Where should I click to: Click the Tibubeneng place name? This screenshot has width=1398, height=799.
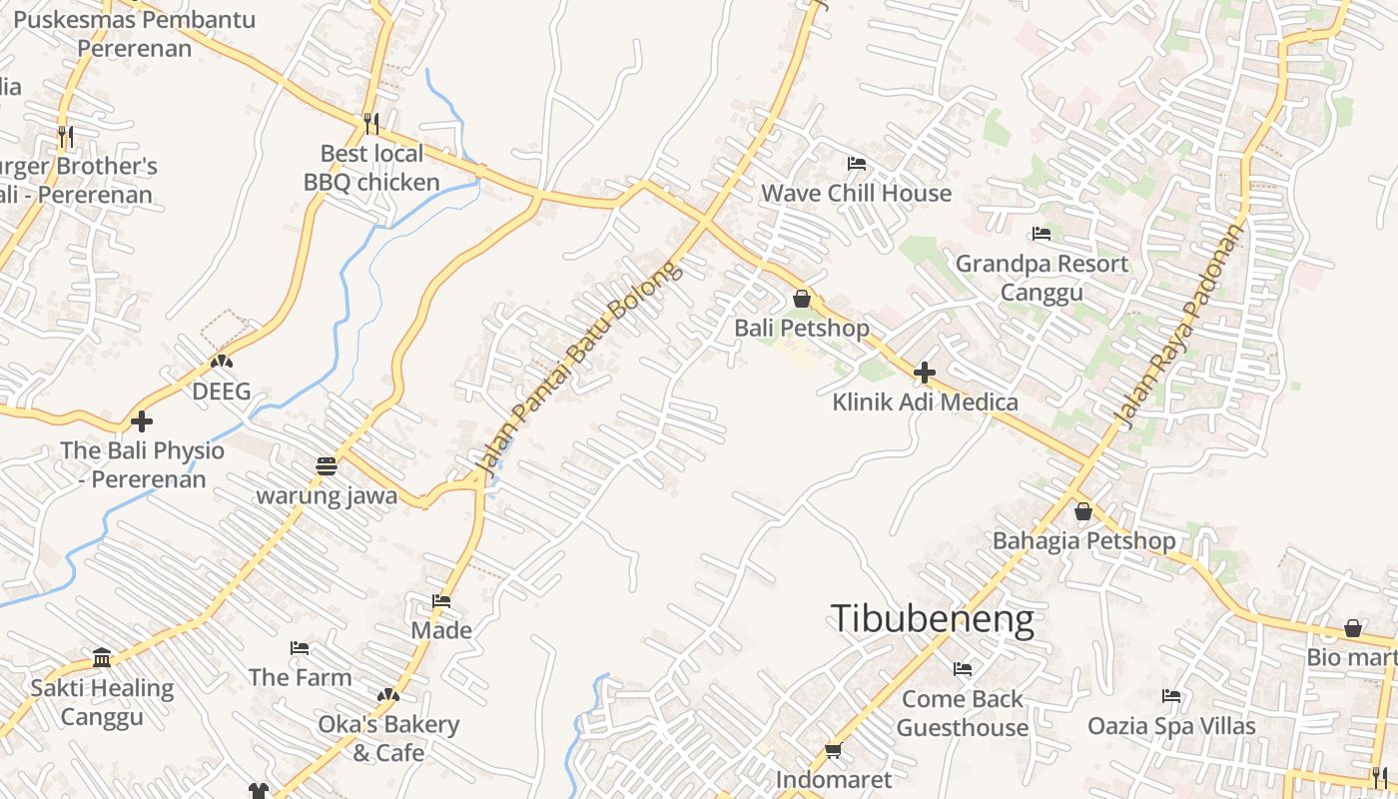point(932,619)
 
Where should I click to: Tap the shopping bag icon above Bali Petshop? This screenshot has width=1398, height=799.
point(801,299)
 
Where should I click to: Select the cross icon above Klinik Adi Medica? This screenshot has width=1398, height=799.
point(925,374)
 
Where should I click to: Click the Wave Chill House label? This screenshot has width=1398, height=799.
point(857,193)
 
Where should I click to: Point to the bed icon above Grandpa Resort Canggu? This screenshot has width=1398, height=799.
point(1042,234)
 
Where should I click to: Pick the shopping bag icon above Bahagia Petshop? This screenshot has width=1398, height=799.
point(1083,512)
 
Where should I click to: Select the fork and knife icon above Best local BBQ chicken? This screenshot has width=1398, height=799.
point(371,124)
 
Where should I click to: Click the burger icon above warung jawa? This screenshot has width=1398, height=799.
point(327,466)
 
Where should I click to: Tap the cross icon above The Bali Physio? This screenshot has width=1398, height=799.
point(142,421)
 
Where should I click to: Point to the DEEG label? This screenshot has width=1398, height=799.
point(222,392)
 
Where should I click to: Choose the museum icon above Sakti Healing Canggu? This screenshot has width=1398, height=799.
point(102,658)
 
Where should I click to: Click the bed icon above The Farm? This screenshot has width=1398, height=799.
point(300,648)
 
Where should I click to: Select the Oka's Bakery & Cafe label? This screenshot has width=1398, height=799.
point(388,738)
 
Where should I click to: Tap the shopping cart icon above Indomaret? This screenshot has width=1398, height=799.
point(834,750)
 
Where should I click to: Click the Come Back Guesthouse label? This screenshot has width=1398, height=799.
point(963,713)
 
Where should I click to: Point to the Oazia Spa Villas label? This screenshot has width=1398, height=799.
point(1171,726)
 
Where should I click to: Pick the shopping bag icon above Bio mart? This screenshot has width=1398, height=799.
point(1353,629)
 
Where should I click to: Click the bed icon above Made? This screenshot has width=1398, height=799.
point(441,601)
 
